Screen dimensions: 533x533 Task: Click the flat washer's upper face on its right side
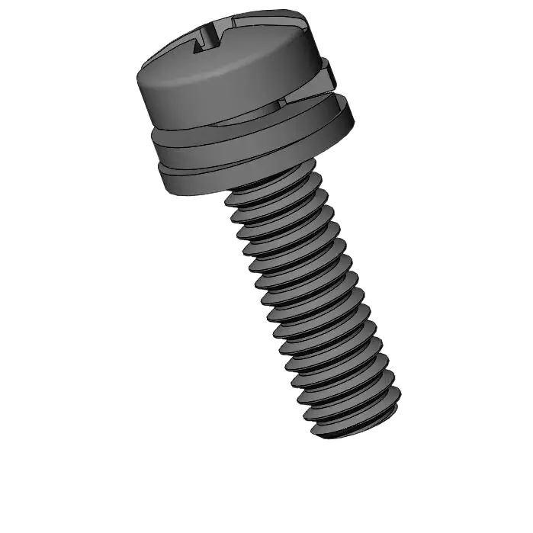(x=336, y=107)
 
